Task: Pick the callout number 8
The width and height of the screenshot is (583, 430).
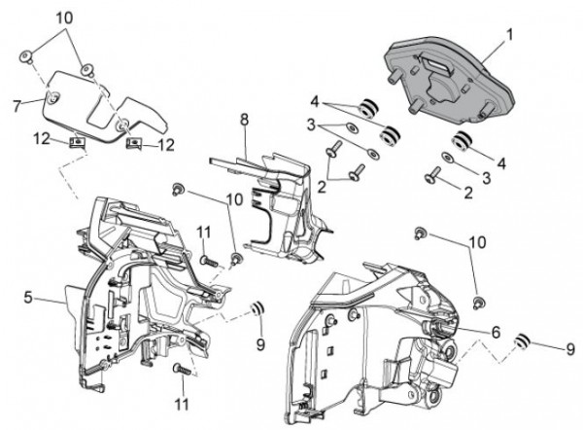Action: (x=244, y=119)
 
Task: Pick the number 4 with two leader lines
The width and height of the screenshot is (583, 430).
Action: (x=316, y=100)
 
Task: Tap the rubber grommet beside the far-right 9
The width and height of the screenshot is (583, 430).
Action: (x=521, y=339)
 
